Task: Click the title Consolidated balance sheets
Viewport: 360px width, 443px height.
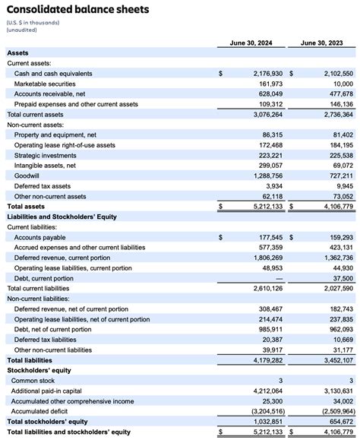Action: click(77, 10)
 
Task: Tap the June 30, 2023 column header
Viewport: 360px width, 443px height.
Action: click(326, 43)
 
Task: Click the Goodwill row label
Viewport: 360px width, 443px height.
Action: click(27, 176)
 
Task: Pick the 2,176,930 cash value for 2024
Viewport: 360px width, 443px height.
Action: click(263, 73)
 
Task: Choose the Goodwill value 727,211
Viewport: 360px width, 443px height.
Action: click(337, 176)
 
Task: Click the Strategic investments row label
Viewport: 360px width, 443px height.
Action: click(46, 155)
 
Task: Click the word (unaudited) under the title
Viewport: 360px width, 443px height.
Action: click(24, 29)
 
